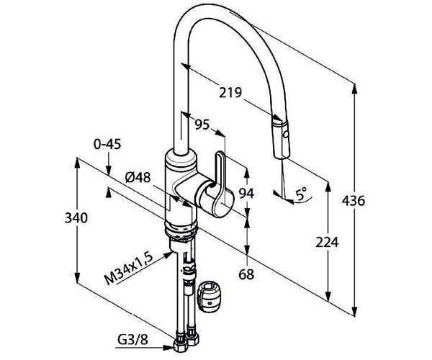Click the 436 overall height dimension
pyautogui.click(x=354, y=201)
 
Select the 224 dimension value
pyautogui.click(x=327, y=243)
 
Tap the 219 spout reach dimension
pyautogui.click(x=230, y=93)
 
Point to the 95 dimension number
pyautogui.click(x=202, y=125)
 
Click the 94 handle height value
pyautogui.click(x=246, y=193)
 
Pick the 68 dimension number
pyautogui.click(x=246, y=274)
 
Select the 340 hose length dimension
pyautogui.click(x=76, y=218)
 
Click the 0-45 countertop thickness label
pyautogui.click(x=107, y=144)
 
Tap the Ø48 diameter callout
pyautogui.click(x=138, y=177)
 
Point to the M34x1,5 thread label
pyautogui.click(x=128, y=269)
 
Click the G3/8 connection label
pyautogui.click(x=132, y=340)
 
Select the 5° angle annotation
pyautogui.click(x=301, y=194)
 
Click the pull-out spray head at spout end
pyautogui.click(x=281, y=138)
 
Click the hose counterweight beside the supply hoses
pyautogui.click(x=210, y=297)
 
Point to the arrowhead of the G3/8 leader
pyautogui.click(x=168, y=348)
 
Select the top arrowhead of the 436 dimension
pyautogui.click(x=355, y=89)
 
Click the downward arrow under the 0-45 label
pyautogui.click(x=109, y=163)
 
